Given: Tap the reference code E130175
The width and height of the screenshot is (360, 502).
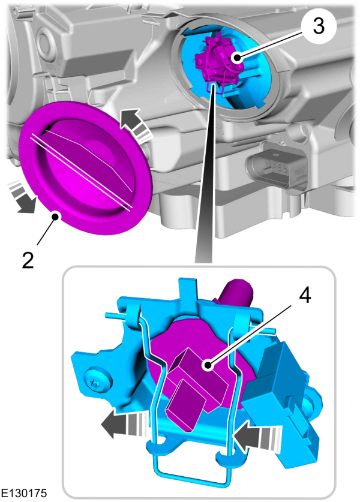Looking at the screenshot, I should click(x=23, y=493).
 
